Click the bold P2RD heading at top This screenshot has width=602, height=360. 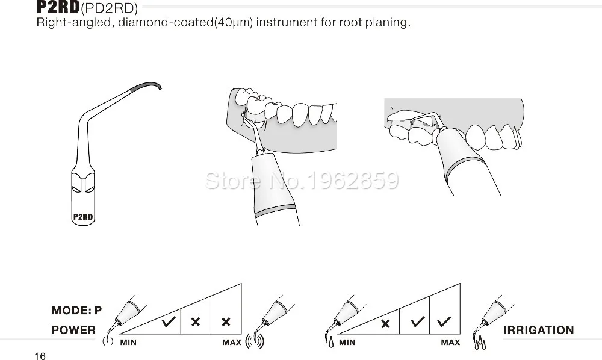coord(58,7)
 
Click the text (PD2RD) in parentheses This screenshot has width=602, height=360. coord(109,8)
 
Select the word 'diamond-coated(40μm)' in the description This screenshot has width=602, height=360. coord(185,22)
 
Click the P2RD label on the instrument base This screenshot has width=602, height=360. coord(83,217)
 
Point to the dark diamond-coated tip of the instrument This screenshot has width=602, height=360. coord(147,85)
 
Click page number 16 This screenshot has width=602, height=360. coord(40,356)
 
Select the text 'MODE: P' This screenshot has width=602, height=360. coord(77,310)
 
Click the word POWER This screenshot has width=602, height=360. coord(73,330)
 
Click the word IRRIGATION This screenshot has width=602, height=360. coord(539,330)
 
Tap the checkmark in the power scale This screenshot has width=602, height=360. coord(169,321)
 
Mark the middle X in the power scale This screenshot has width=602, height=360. coord(196,322)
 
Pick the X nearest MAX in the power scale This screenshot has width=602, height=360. coord(226,322)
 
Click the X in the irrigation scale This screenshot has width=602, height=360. coord(385,324)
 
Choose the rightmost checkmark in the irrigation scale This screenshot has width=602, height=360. coord(444,321)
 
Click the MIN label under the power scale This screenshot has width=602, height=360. coord(128,343)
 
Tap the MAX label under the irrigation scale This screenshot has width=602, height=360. coord(450,343)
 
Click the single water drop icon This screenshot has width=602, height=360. coord(331,342)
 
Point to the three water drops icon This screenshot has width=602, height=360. coord(480,343)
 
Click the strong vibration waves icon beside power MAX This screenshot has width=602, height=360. coord(255,341)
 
